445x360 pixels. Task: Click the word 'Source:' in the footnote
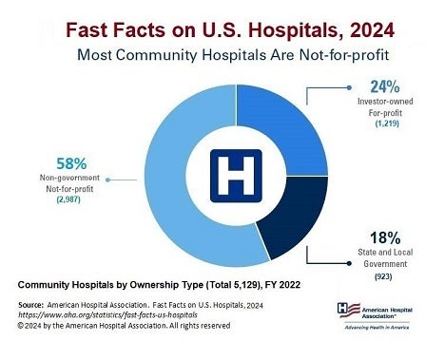click(36, 303)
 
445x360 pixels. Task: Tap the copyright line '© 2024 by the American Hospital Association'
click(124, 324)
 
